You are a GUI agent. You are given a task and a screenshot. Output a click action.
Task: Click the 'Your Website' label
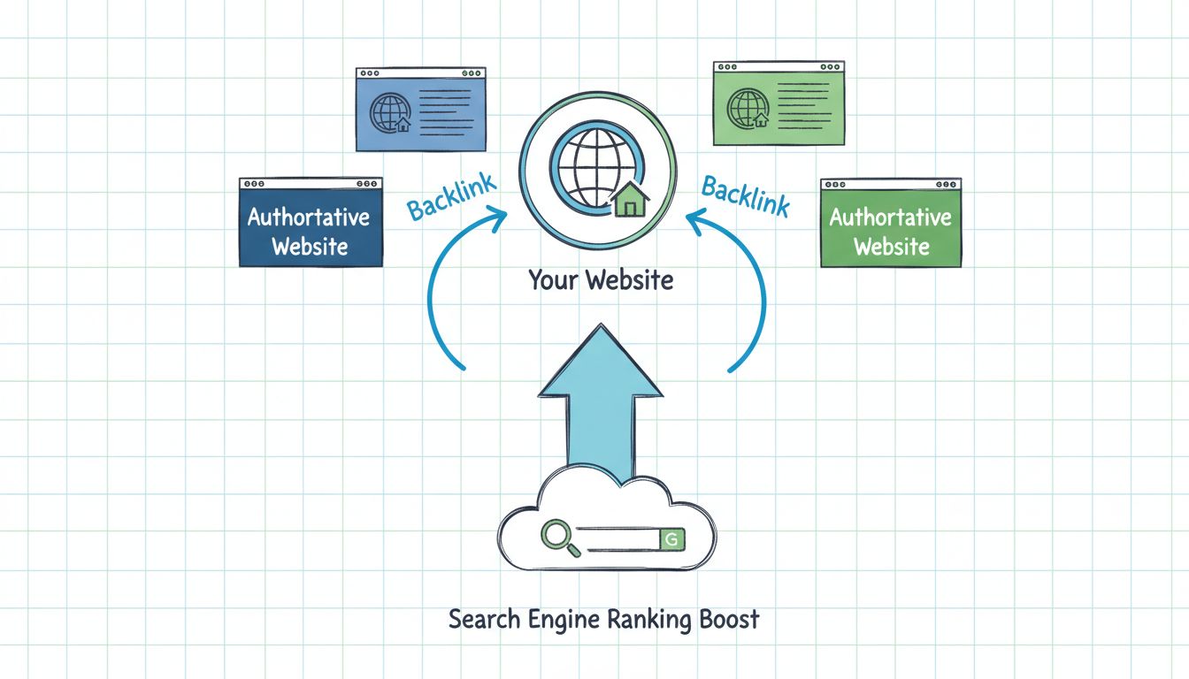(x=601, y=280)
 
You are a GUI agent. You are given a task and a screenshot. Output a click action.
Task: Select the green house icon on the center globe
(x=630, y=201)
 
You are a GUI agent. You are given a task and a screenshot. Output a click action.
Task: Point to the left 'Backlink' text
(x=451, y=196)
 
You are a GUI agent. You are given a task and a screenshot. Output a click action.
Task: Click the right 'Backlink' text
(x=745, y=194)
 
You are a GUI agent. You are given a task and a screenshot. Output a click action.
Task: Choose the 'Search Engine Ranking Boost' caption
(x=603, y=619)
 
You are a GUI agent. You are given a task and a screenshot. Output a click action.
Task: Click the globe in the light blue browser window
(x=389, y=112)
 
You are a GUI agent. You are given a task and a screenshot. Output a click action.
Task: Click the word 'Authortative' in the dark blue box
(x=309, y=217)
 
